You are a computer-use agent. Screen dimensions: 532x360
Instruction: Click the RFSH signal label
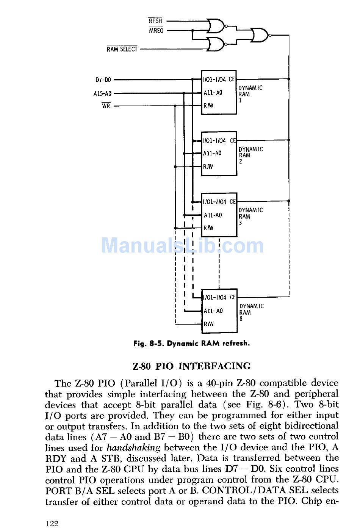[x=155, y=21]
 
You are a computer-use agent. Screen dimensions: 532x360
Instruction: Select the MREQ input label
[x=156, y=30]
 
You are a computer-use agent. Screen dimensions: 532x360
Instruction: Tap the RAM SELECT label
[x=122, y=49]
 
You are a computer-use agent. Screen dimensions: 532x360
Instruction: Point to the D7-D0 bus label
[x=103, y=80]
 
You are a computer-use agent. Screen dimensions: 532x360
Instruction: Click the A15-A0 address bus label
[x=102, y=93]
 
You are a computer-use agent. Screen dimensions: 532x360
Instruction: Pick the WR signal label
[x=106, y=106]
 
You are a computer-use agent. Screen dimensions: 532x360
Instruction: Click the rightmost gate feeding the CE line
[x=260, y=35]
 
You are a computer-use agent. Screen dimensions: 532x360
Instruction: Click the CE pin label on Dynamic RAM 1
[x=232, y=80]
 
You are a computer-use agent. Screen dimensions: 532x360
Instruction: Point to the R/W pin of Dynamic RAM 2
[x=208, y=166]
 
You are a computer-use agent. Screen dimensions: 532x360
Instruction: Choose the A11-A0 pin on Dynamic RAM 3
[x=213, y=215]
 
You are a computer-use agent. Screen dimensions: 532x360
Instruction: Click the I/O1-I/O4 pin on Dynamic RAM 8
[x=214, y=298]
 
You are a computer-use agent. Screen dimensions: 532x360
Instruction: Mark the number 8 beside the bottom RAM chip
[x=241, y=319]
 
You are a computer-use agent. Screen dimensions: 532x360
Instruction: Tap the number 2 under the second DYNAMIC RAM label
[x=240, y=162]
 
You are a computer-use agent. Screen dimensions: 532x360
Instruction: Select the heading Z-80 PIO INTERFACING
[x=191, y=366]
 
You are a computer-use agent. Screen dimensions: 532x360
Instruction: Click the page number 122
[x=52, y=524]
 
